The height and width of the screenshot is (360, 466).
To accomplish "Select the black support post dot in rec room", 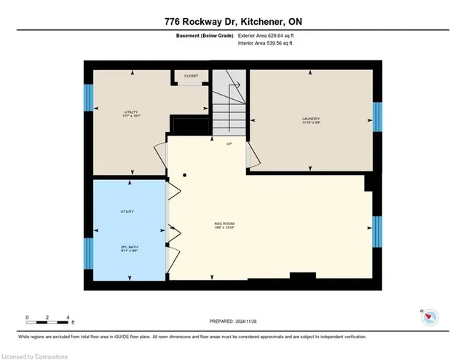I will [185, 175].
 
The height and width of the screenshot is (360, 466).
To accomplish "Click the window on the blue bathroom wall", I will [88, 251].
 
